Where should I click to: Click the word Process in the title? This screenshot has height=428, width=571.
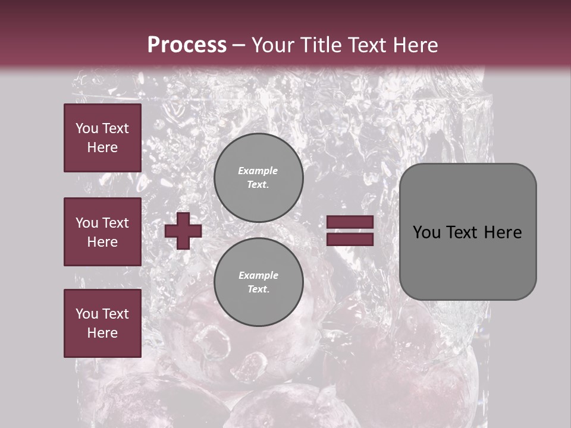click(x=187, y=45)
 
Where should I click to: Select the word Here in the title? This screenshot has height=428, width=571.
click(x=414, y=45)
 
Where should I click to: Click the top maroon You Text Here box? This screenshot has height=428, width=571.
click(x=102, y=138)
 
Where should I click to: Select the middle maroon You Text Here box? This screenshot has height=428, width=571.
click(x=102, y=232)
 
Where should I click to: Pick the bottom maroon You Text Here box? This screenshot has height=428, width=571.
click(x=102, y=323)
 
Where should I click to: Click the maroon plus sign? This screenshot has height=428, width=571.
click(x=183, y=231)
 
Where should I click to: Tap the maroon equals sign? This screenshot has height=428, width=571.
click(x=350, y=231)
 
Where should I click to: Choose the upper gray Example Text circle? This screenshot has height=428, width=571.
click(x=259, y=178)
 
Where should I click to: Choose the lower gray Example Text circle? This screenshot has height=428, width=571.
click(x=259, y=282)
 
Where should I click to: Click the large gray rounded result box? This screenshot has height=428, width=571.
click(x=468, y=232)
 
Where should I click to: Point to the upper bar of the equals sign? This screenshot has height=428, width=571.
click(x=350, y=222)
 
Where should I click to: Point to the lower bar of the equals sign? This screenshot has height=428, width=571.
click(x=350, y=239)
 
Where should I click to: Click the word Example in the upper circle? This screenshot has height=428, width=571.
click(x=258, y=171)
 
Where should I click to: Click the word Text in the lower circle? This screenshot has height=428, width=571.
click(x=258, y=289)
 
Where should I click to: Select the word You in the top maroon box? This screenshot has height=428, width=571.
click(x=86, y=128)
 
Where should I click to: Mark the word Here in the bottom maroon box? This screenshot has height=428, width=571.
click(x=102, y=333)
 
